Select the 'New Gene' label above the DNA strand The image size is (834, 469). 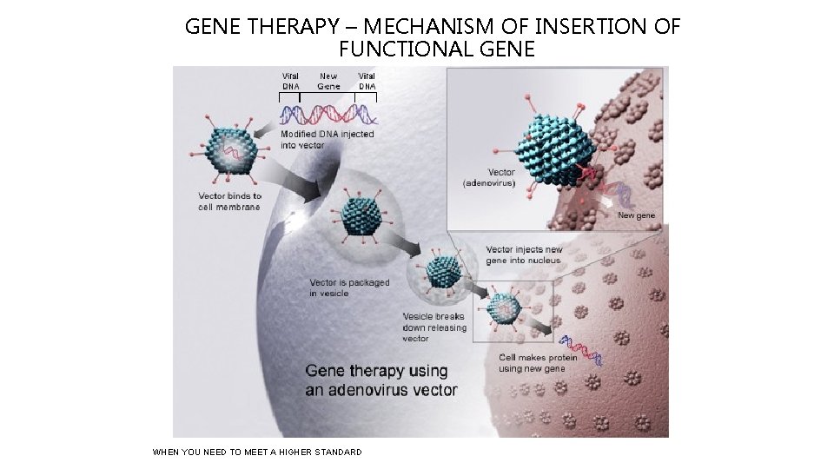[328, 81]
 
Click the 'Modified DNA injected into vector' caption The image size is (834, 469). [327, 139]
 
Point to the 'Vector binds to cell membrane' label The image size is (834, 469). [229, 201]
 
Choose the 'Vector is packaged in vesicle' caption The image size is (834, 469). [349, 287]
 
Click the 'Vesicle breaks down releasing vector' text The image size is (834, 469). [434, 327]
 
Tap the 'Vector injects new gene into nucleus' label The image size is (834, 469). [523, 255]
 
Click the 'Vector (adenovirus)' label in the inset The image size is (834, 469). [489, 178]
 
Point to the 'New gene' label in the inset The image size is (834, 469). [636, 215]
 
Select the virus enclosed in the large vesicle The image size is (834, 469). [360, 216]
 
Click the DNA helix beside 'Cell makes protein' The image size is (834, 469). [579, 347]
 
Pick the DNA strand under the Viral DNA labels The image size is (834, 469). [328, 113]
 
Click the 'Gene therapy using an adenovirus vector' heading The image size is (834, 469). [381, 380]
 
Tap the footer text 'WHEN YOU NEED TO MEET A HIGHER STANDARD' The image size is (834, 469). [256, 452]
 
